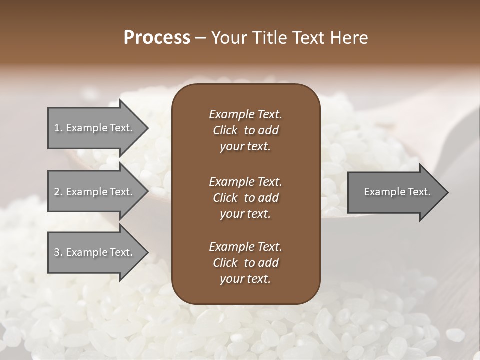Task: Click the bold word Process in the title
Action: point(157,38)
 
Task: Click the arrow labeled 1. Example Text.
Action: point(95,128)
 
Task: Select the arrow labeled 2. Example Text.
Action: point(95,192)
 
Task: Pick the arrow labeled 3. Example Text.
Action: point(95,252)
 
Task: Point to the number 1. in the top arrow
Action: point(58,128)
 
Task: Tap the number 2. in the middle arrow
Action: point(58,192)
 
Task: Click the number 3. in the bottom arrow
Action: point(58,252)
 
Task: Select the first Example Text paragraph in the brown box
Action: point(245,130)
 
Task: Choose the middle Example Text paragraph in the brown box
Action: point(245,197)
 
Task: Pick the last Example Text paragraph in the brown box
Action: point(245,263)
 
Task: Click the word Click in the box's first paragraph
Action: point(225,130)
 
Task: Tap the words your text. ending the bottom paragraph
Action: point(245,279)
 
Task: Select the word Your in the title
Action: point(228,38)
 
